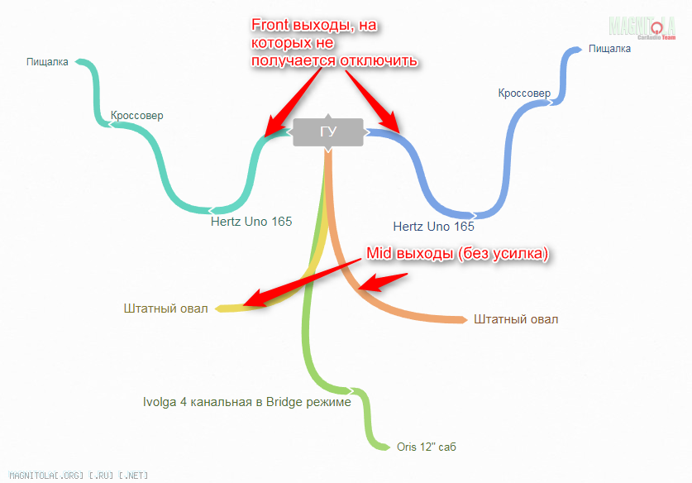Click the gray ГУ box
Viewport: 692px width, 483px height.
(x=328, y=132)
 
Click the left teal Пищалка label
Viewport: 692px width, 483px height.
(x=47, y=61)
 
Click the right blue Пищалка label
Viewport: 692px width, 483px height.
(x=609, y=49)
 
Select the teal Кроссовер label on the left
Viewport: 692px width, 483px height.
(x=136, y=115)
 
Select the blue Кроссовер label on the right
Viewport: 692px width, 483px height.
(x=524, y=93)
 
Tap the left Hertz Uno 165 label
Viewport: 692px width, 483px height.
(x=251, y=222)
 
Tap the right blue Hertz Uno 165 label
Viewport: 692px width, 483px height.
(x=434, y=226)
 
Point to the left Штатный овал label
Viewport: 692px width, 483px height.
(x=165, y=309)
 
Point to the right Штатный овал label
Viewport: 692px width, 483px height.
(x=517, y=318)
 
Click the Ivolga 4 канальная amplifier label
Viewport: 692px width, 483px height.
(x=247, y=403)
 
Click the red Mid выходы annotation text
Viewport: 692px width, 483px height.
(x=458, y=254)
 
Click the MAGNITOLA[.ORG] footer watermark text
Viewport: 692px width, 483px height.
(x=74, y=476)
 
